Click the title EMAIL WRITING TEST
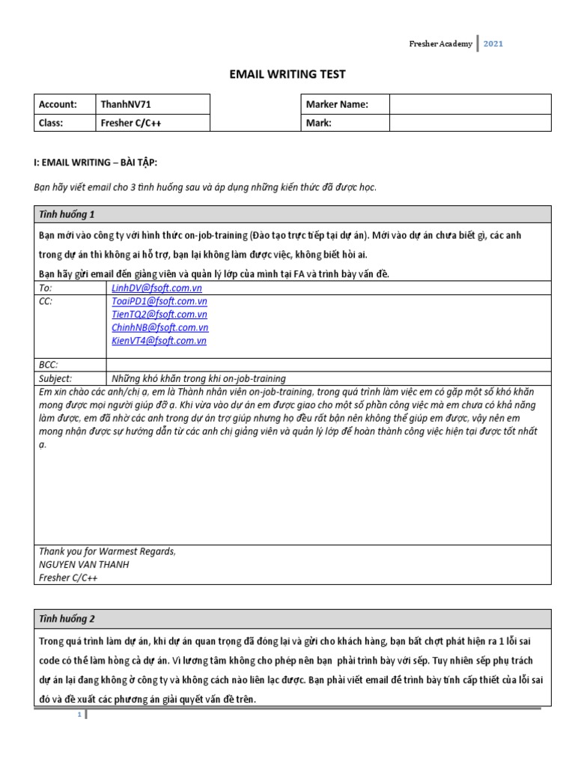[287, 73]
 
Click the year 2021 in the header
[493, 43]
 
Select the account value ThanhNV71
[121, 104]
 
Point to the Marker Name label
[337, 104]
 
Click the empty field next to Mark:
[469, 123]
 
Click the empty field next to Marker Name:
[469, 104]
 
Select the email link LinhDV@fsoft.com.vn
[156, 288]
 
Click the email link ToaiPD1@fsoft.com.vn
[159, 301]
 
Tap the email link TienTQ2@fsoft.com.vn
[159, 315]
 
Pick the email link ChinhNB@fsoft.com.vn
[159, 327]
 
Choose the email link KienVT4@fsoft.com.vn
[159, 341]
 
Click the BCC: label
[48, 365]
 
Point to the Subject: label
[55, 378]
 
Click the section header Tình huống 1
[67, 214]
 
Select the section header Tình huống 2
[67, 619]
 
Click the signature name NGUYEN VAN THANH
[82, 565]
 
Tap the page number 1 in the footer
[79, 715]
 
